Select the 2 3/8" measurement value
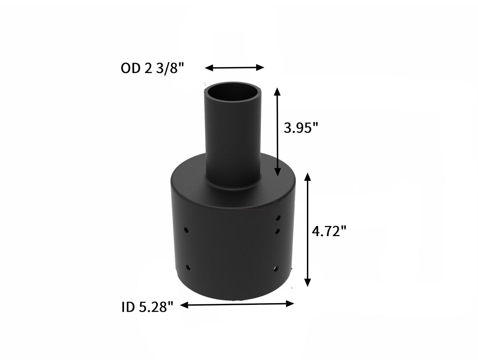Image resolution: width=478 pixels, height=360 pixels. click(x=164, y=68)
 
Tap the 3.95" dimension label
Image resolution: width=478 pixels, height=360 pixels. click(x=301, y=128)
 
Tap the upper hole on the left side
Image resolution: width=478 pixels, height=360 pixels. click(x=186, y=229)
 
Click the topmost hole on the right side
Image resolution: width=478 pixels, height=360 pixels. click(x=278, y=218)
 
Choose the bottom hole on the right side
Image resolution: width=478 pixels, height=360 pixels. click(x=276, y=268)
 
